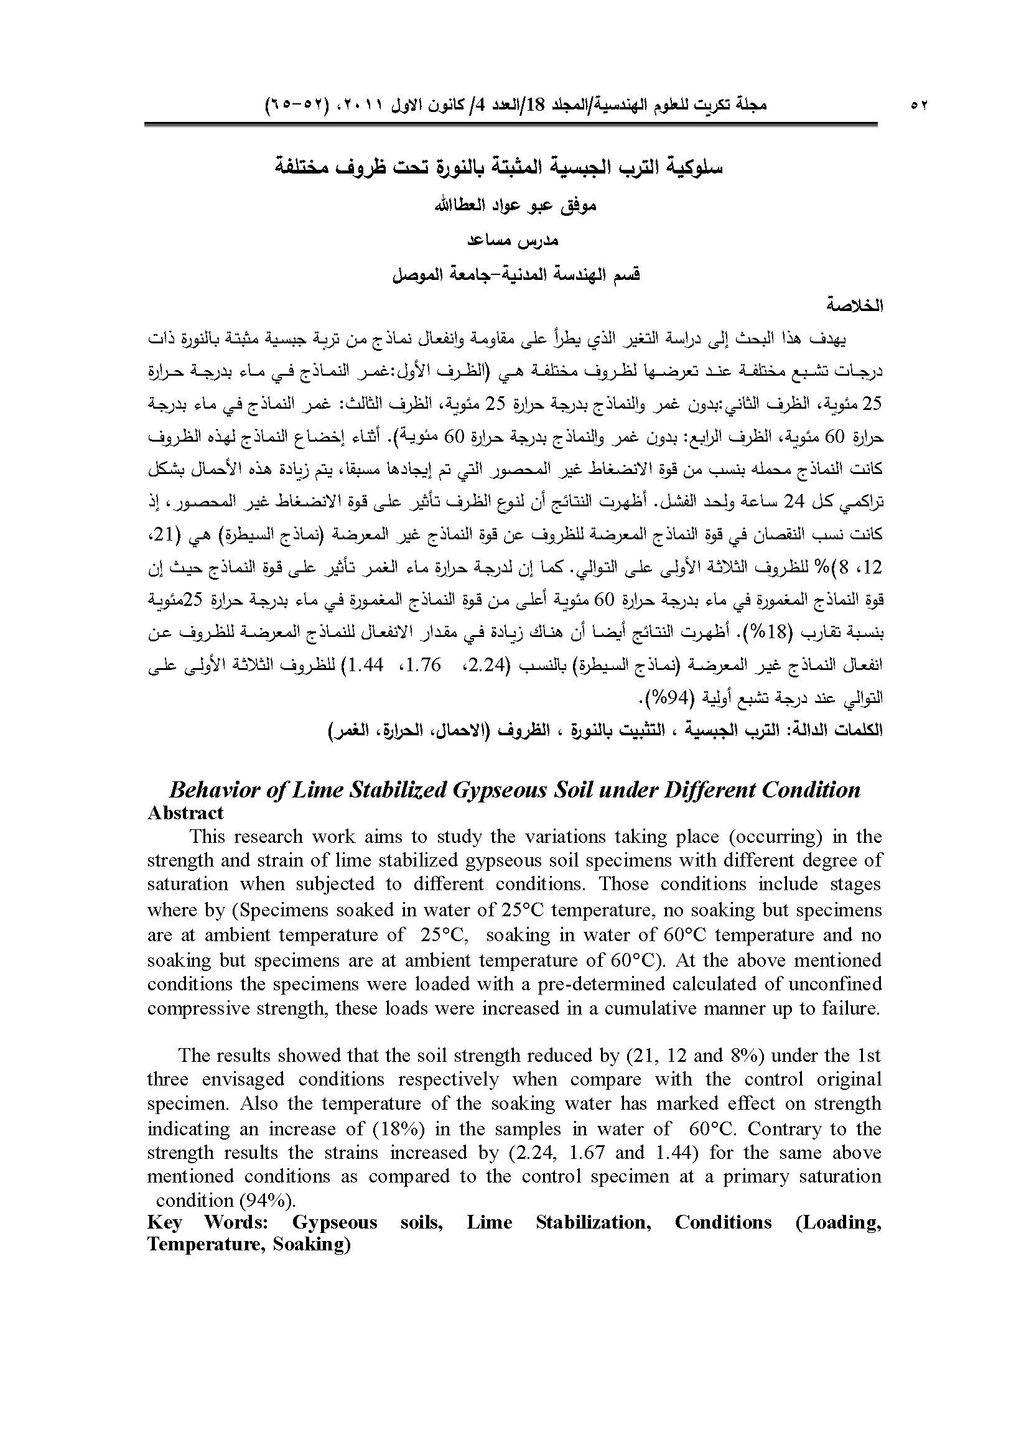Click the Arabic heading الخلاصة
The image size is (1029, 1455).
click(855, 305)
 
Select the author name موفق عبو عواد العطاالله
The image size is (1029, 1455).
click(514, 206)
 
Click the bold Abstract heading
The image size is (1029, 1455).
click(185, 813)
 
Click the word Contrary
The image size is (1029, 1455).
click(793, 1129)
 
